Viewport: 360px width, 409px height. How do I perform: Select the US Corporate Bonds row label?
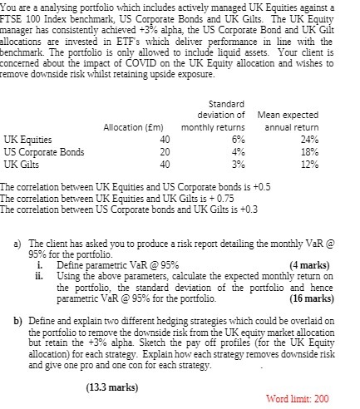coord(44,152)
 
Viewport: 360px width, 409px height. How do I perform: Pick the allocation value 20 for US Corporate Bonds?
coord(165,152)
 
